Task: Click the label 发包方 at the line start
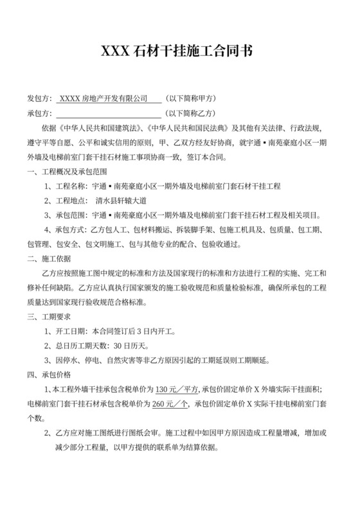39,99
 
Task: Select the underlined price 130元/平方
177,389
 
